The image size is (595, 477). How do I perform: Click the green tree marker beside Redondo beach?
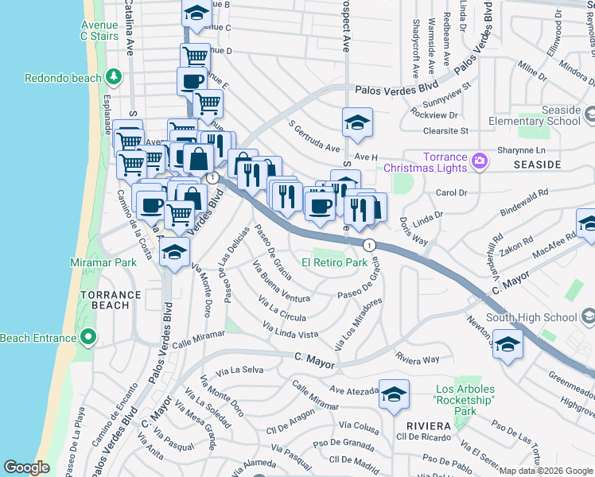click(115, 78)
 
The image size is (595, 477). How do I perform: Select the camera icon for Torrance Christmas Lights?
click(479, 161)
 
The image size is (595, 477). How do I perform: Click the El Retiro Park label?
click(334, 262)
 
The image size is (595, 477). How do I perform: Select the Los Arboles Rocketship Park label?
click(465, 400)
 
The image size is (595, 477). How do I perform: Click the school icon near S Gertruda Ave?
click(357, 123)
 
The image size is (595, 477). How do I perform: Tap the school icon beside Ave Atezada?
click(394, 394)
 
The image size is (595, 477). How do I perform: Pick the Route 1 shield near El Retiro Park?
click(370, 245)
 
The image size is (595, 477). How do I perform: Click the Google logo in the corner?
click(26, 467)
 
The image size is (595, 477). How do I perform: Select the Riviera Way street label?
click(418, 359)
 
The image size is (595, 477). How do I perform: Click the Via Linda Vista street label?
click(291, 330)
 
